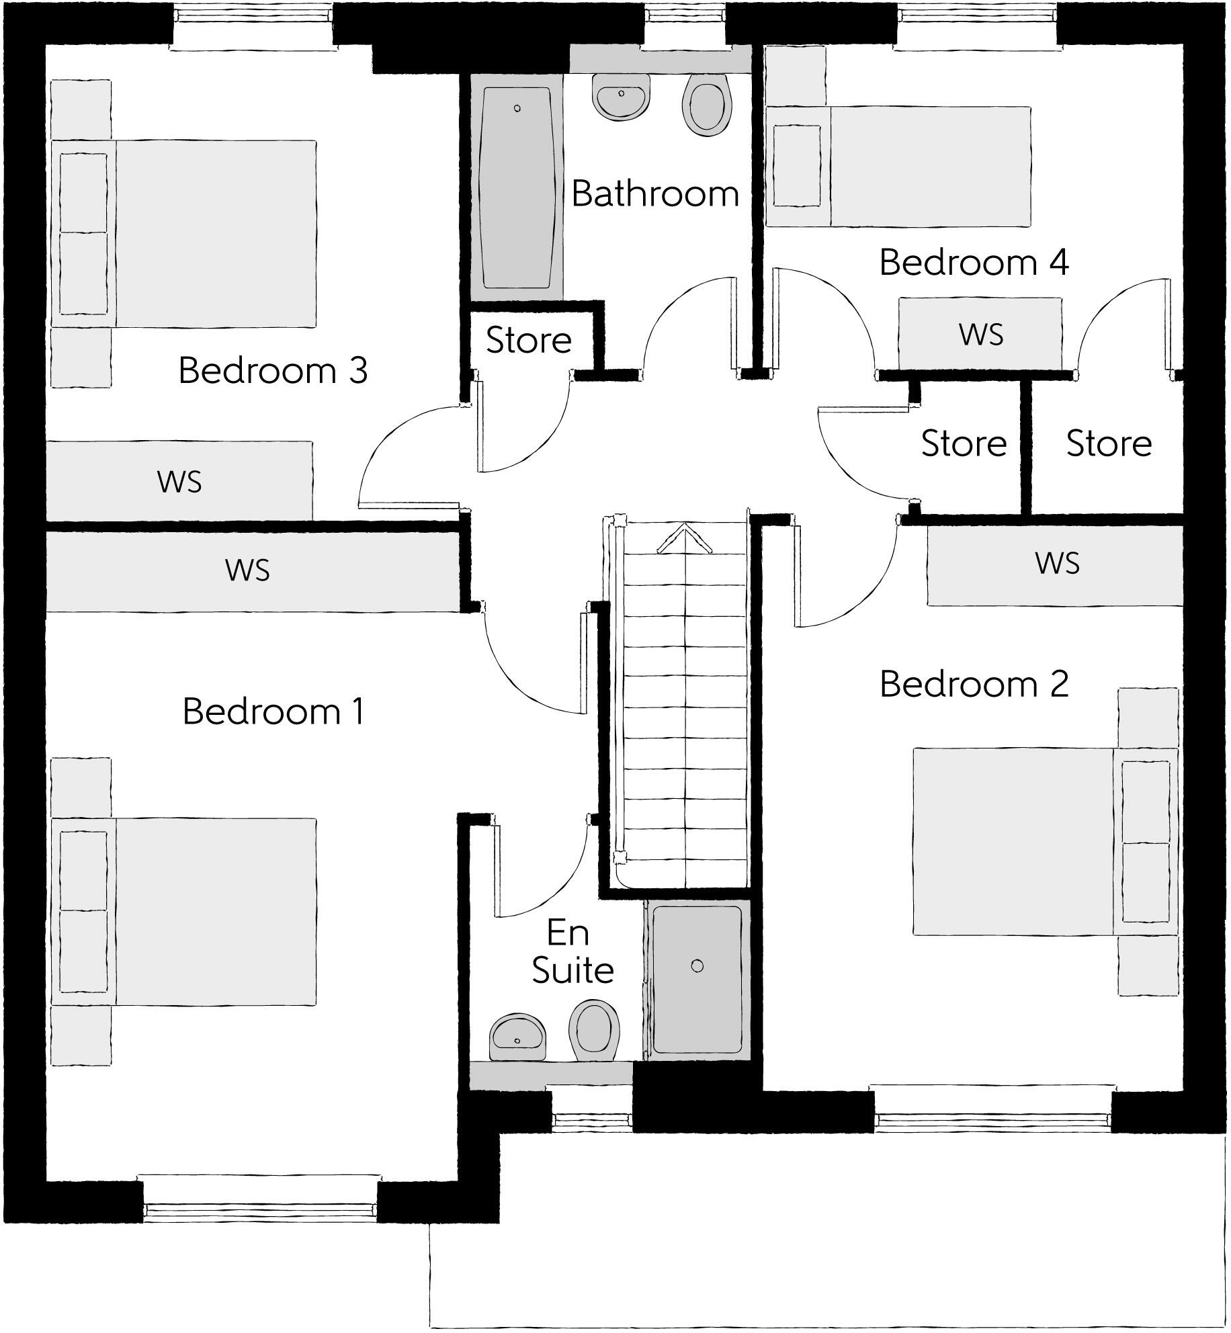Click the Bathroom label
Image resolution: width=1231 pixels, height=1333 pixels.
655,194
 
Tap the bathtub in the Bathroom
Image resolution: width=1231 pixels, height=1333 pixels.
516,187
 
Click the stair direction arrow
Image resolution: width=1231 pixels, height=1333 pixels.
684,539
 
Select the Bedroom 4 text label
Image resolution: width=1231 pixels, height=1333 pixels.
974,263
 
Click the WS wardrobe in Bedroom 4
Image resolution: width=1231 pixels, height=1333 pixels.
980,334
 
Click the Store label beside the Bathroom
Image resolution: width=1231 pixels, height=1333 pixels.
529,341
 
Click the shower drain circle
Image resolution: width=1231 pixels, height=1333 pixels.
697,966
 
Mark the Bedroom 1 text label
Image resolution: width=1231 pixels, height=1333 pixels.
273,712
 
